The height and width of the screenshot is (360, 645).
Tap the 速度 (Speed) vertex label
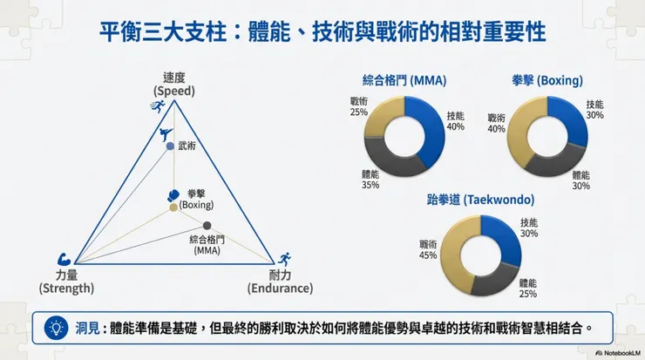pos(173,84)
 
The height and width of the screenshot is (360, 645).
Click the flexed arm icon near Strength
pos(64,259)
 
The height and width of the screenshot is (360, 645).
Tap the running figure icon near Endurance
pos(285,259)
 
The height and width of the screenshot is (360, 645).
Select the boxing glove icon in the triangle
pos(173,195)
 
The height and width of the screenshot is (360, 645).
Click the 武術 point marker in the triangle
pos(171,146)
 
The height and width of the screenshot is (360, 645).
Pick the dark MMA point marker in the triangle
pos(207,225)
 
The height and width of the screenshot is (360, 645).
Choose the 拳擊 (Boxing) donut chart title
pos(547,81)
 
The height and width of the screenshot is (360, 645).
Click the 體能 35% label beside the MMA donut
pos(370,180)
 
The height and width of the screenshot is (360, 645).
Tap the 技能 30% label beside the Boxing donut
pos(594,109)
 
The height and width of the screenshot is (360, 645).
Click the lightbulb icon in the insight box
pos(56,329)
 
